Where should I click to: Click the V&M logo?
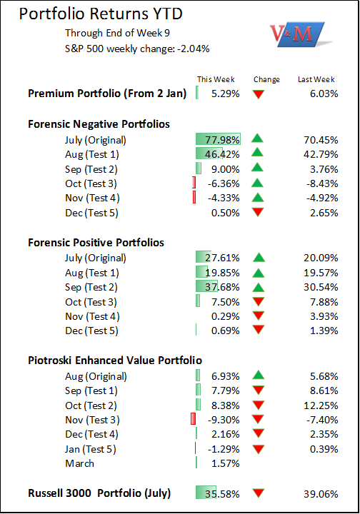coord(299,34)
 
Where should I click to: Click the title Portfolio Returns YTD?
coord(101,14)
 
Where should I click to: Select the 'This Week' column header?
coord(216,79)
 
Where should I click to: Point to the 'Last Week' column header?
coord(316,79)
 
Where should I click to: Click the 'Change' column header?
coord(266,80)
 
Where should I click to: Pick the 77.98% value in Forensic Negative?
coord(222,140)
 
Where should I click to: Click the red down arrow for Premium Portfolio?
coord(259,94)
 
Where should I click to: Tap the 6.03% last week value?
coord(324,94)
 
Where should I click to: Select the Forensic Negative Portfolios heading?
coord(99,124)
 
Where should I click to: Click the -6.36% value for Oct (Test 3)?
coord(224,183)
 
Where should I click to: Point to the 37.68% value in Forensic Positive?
coord(222,287)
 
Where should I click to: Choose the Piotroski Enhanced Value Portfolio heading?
coord(115,361)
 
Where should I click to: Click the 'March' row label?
coord(80,463)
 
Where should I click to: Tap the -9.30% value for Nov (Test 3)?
coord(224,420)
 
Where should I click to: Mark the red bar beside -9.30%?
coord(193,419)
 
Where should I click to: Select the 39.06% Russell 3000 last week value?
coord(321,494)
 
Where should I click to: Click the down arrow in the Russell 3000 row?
coord(259,493)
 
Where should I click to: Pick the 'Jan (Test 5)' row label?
coord(91,449)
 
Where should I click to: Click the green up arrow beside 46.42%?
coord(257,152)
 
